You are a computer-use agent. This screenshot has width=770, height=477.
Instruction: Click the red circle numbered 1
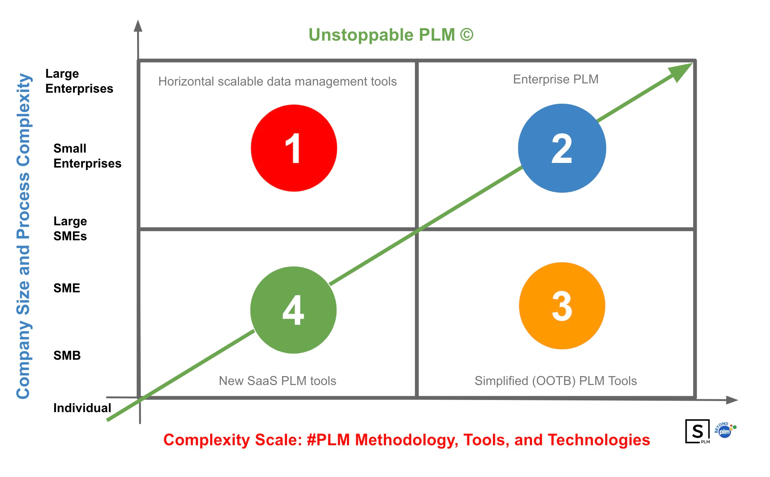[x=294, y=148]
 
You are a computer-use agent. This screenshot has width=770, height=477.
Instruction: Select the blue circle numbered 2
[x=562, y=148]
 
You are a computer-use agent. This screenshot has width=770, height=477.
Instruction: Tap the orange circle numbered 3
[x=562, y=306]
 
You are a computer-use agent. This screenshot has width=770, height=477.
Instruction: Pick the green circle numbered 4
[x=293, y=310]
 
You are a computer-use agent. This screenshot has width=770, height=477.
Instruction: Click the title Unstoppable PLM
[x=391, y=35]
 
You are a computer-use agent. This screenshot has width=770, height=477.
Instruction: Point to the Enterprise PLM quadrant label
[x=556, y=79]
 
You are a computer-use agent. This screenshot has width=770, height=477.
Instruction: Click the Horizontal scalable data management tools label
[x=277, y=82]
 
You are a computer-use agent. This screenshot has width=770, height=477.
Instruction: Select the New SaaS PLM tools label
[x=277, y=381]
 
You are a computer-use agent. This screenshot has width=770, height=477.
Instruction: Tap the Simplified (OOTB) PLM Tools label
[x=556, y=381]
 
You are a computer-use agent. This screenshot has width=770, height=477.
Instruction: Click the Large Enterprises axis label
[x=79, y=81]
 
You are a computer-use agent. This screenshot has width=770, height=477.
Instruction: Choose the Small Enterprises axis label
[x=87, y=156]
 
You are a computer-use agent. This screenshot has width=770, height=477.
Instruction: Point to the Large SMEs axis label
[x=70, y=229]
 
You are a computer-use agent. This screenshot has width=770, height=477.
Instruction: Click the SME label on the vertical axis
[x=67, y=288]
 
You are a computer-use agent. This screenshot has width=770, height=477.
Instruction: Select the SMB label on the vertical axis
[x=67, y=355]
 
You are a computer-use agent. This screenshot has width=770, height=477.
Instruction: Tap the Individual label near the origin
[x=82, y=408]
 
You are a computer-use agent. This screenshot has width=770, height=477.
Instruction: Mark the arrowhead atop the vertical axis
[x=138, y=26]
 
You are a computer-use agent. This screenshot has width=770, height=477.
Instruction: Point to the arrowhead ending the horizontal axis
[x=732, y=400]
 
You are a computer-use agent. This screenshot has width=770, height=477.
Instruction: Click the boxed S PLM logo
[x=698, y=431]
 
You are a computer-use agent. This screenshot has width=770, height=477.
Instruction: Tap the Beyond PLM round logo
[x=725, y=431]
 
